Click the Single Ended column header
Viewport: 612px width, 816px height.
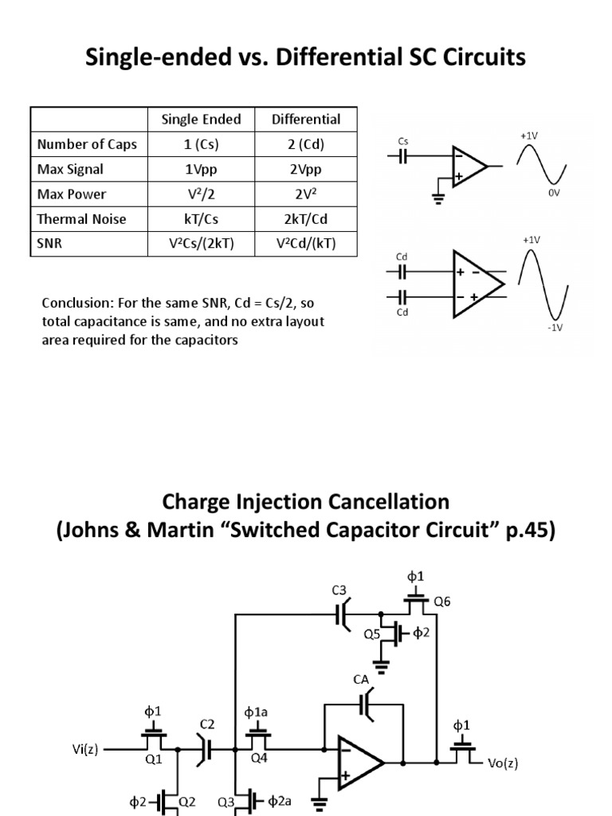(201, 120)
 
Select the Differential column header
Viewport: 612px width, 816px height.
(306, 120)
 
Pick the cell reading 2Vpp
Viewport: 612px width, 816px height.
(306, 169)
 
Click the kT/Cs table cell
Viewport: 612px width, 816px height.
(201, 218)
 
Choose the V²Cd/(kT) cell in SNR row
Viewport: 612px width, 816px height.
(306, 243)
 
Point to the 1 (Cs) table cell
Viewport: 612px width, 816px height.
(201, 144)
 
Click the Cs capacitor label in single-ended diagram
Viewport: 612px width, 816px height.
(402, 141)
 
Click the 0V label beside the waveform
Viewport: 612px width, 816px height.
(555, 193)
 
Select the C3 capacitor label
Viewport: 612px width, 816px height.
(340, 590)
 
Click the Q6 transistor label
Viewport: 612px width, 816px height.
(441, 602)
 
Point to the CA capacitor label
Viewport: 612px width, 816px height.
(361, 679)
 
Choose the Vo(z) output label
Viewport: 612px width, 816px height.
(503, 763)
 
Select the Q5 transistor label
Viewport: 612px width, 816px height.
(372, 635)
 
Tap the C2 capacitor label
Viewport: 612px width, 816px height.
(207, 724)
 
